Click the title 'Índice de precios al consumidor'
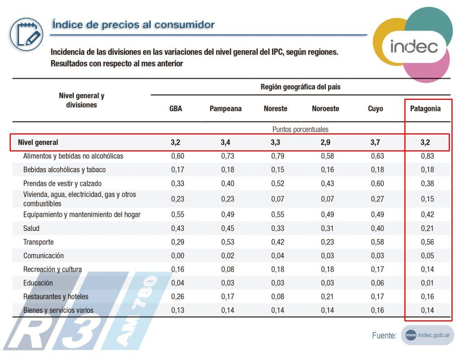click(133, 24)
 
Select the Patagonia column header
click(425, 109)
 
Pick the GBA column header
click(175, 109)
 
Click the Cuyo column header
click(375, 109)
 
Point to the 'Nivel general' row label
click(38, 142)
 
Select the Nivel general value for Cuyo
click(375, 142)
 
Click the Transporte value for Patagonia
click(427, 242)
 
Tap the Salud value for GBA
click(178, 229)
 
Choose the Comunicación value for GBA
click(178, 256)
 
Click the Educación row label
click(38, 283)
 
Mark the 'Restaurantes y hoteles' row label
click(56, 297)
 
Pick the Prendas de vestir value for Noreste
click(278, 183)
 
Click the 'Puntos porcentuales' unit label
click(300, 130)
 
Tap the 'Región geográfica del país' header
click(300, 87)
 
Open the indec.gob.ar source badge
click(428, 335)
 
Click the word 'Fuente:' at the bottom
click(384, 336)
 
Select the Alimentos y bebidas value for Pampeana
click(228, 156)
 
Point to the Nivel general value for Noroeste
click(325, 142)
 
